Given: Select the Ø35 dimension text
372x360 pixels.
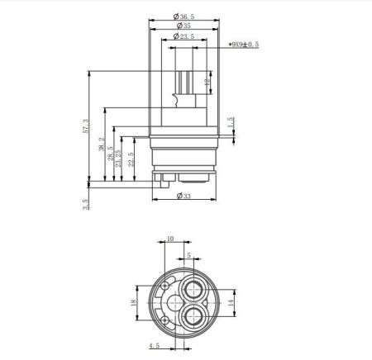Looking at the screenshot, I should point(184,25).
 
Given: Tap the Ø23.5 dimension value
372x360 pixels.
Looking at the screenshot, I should point(184,36).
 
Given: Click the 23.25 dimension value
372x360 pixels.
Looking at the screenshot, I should point(120,158).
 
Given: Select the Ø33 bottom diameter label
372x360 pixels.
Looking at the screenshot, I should point(184,196).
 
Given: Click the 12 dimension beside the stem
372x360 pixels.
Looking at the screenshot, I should point(207,83).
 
